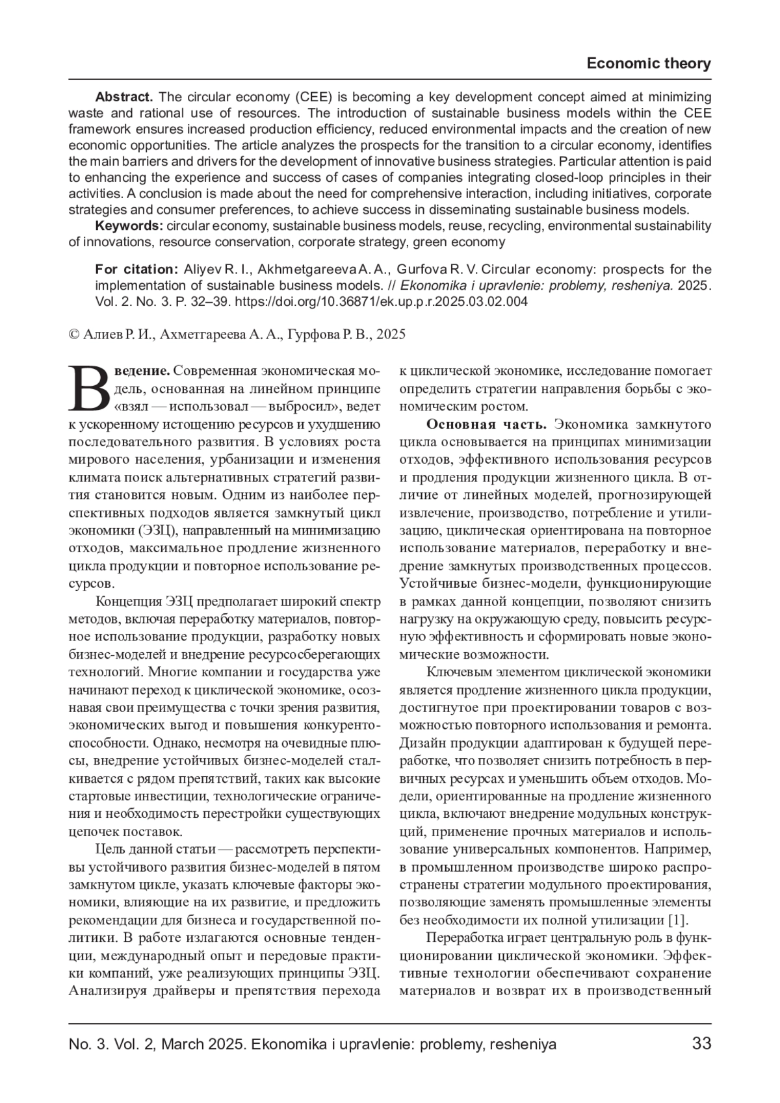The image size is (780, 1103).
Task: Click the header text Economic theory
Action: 648,64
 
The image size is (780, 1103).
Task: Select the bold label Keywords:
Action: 129,226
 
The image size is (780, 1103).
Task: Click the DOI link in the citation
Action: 380,301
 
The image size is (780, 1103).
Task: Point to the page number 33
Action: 702,1044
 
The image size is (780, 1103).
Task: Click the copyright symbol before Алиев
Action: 73,335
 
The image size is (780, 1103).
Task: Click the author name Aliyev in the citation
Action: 203,269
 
